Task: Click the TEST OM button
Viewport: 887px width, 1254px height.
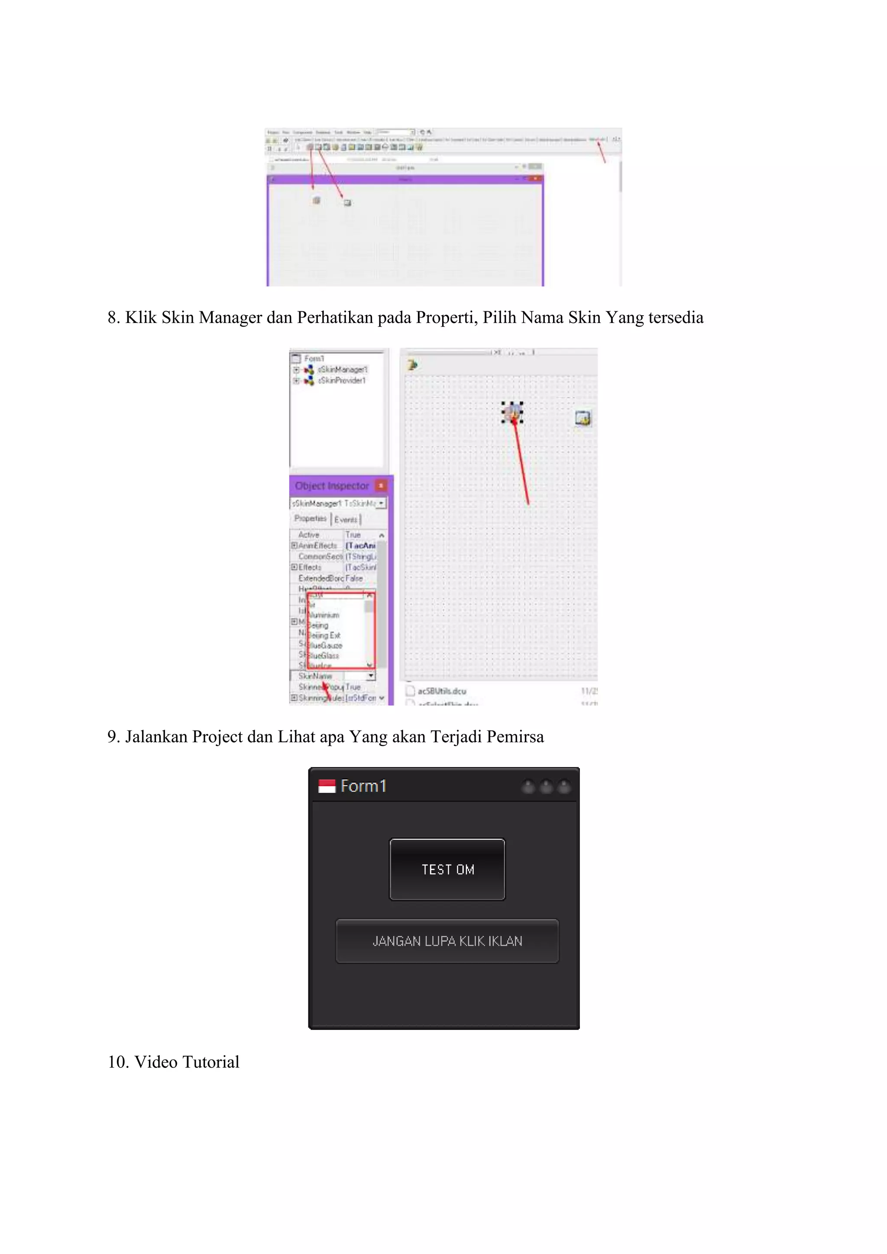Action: click(x=447, y=869)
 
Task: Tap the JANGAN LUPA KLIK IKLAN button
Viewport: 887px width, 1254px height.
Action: click(x=447, y=940)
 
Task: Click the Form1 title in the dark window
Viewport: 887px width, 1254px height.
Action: click(x=363, y=786)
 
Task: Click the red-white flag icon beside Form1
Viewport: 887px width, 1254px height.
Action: click(x=327, y=786)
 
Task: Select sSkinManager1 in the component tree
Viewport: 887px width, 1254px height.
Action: click(x=343, y=370)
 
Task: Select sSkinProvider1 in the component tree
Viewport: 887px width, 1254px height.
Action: click(x=342, y=381)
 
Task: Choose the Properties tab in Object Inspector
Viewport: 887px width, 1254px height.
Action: click(x=310, y=518)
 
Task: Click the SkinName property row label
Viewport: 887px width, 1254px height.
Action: click(x=315, y=676)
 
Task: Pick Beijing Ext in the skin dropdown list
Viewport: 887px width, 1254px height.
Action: click(x=324, y=635)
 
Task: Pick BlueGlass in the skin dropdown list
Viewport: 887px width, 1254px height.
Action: click(x=324, y=656)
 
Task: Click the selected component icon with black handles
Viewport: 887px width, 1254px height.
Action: click(x=512, y=412)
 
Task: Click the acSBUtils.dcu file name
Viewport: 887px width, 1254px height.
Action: click(x=442, y=691)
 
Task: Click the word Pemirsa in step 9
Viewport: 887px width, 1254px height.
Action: click(x=515, y=737)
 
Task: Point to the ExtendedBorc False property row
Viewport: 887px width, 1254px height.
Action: click(x=330, y=578)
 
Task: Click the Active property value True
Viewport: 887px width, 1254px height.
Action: click(x=353, y=535)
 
